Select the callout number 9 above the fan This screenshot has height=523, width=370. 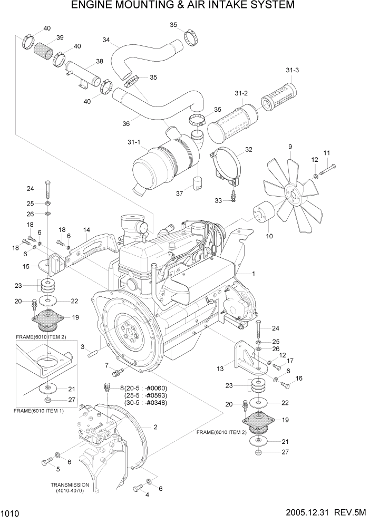pos(289,147)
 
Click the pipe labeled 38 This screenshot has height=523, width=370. pos(82,74)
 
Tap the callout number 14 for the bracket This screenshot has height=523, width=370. pos(86,229)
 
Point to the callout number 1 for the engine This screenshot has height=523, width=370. pos(253,274)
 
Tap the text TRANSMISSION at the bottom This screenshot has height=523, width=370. pos(70,485)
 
